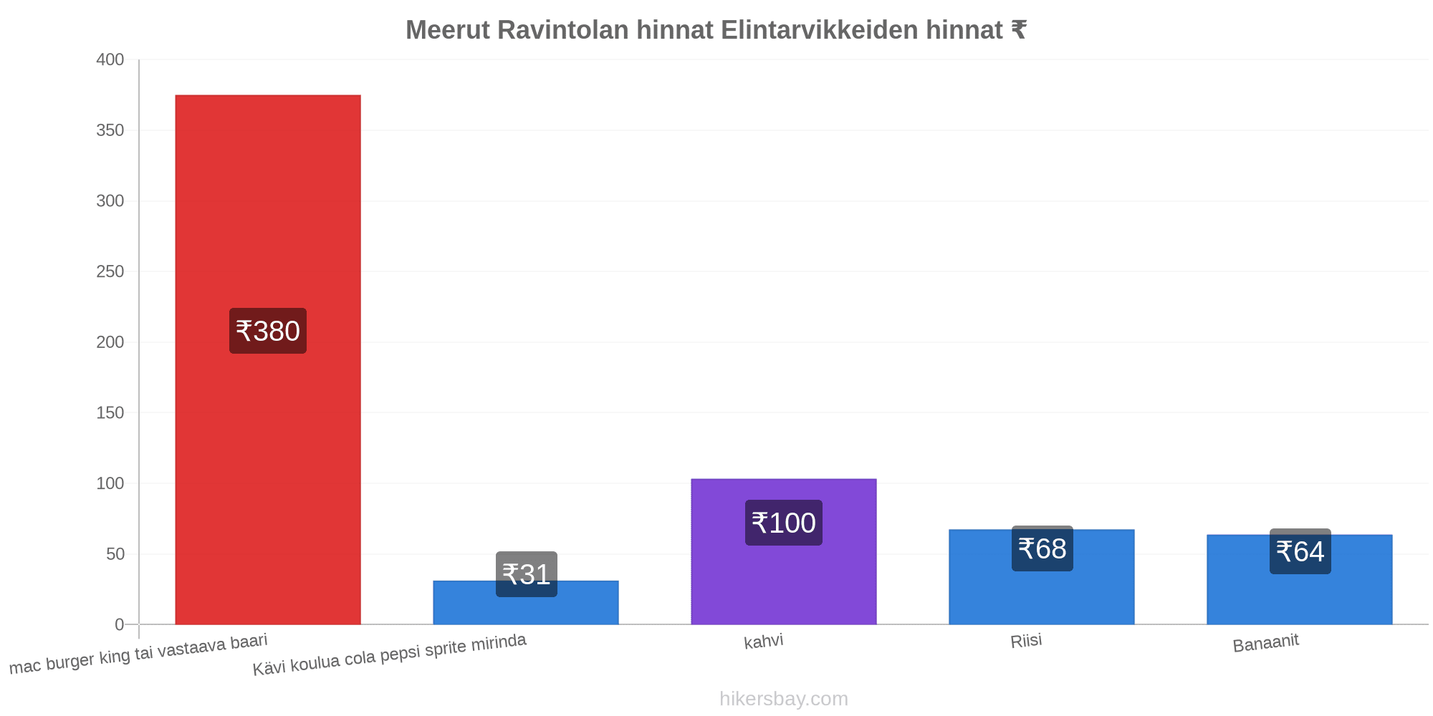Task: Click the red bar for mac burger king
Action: click(268, 359)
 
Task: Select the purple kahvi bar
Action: click(784, 551)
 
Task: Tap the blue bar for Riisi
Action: click(1042, 577)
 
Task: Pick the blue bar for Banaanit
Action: click(1300, 580)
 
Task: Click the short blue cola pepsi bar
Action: click(526, 603)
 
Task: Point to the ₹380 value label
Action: click(268, 331)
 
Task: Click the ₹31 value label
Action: click(527, 574)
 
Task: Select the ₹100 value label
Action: click(784, 523)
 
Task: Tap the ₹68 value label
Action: click(1043, 548)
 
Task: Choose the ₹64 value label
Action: click(1300, 551)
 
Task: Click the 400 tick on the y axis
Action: click(110, 60)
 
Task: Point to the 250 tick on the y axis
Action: click(110, 272)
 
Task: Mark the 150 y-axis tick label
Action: click(110, 413)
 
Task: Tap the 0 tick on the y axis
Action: click(120, 625)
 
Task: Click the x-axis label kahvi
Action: click(764, 641)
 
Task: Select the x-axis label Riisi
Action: click(1026, 641)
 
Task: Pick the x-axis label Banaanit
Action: click(1266, 643)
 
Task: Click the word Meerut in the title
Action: click(448, 30)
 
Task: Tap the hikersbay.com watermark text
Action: click(784, 699)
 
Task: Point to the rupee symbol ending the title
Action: click(1018, 30)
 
